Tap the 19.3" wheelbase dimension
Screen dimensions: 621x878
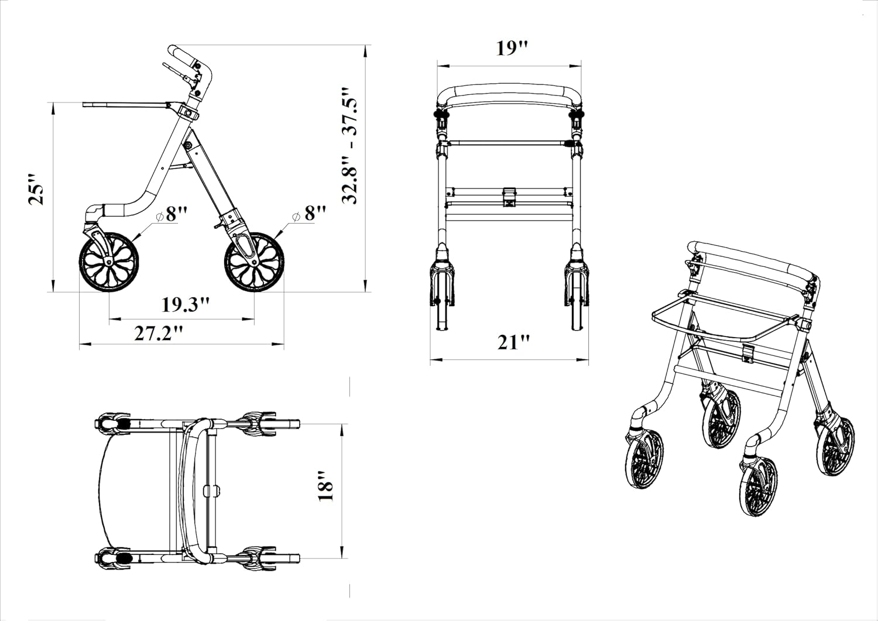tap(185, 305)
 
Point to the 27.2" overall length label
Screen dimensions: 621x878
tap(159, 333)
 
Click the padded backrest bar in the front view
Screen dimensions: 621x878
tap(509, 93)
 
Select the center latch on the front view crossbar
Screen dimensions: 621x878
tap(509, 196)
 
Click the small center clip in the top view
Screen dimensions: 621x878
tap(211, 489)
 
